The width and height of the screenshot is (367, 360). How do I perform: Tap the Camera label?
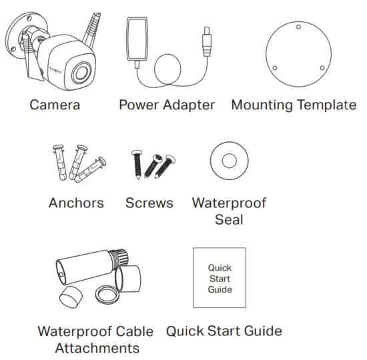[55, 105]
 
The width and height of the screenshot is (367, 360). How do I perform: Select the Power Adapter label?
[167, 105]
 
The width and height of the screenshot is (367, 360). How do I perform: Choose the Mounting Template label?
[294, 105]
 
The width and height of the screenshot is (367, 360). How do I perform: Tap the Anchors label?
[76, 203]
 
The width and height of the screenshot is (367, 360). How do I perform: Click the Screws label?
[149, 203]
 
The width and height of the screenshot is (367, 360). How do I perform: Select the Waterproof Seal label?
[229, 211]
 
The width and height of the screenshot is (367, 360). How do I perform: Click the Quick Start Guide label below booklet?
[224, 331]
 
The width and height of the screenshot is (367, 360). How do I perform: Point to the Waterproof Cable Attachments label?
[95, 339]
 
